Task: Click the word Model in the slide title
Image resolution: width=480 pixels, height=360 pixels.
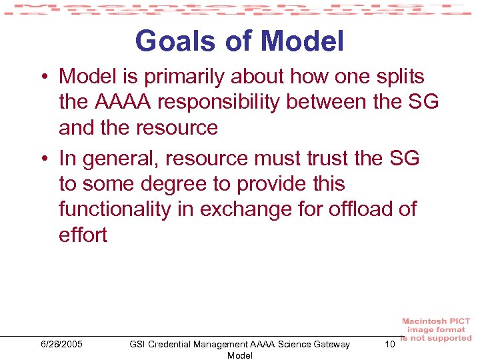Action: pyautogui.click(x=303, y=41)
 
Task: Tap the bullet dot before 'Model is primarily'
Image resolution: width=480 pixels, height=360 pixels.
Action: pyautogui.click(x=42, y=77)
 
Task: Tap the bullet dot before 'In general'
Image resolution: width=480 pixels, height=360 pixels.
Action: pyautogui.click(x=42, y=159)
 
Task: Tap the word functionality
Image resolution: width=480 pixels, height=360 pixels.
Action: pyautogui.click(x=115, y=209)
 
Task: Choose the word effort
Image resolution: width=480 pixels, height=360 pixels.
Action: pyautogui.click(x=83, y=235)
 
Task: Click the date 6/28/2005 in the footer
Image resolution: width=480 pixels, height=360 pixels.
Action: pyautogui.click(x=61, y=344)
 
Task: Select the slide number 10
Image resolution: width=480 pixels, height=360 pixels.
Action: pyautogui.click(x=390, y=344)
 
